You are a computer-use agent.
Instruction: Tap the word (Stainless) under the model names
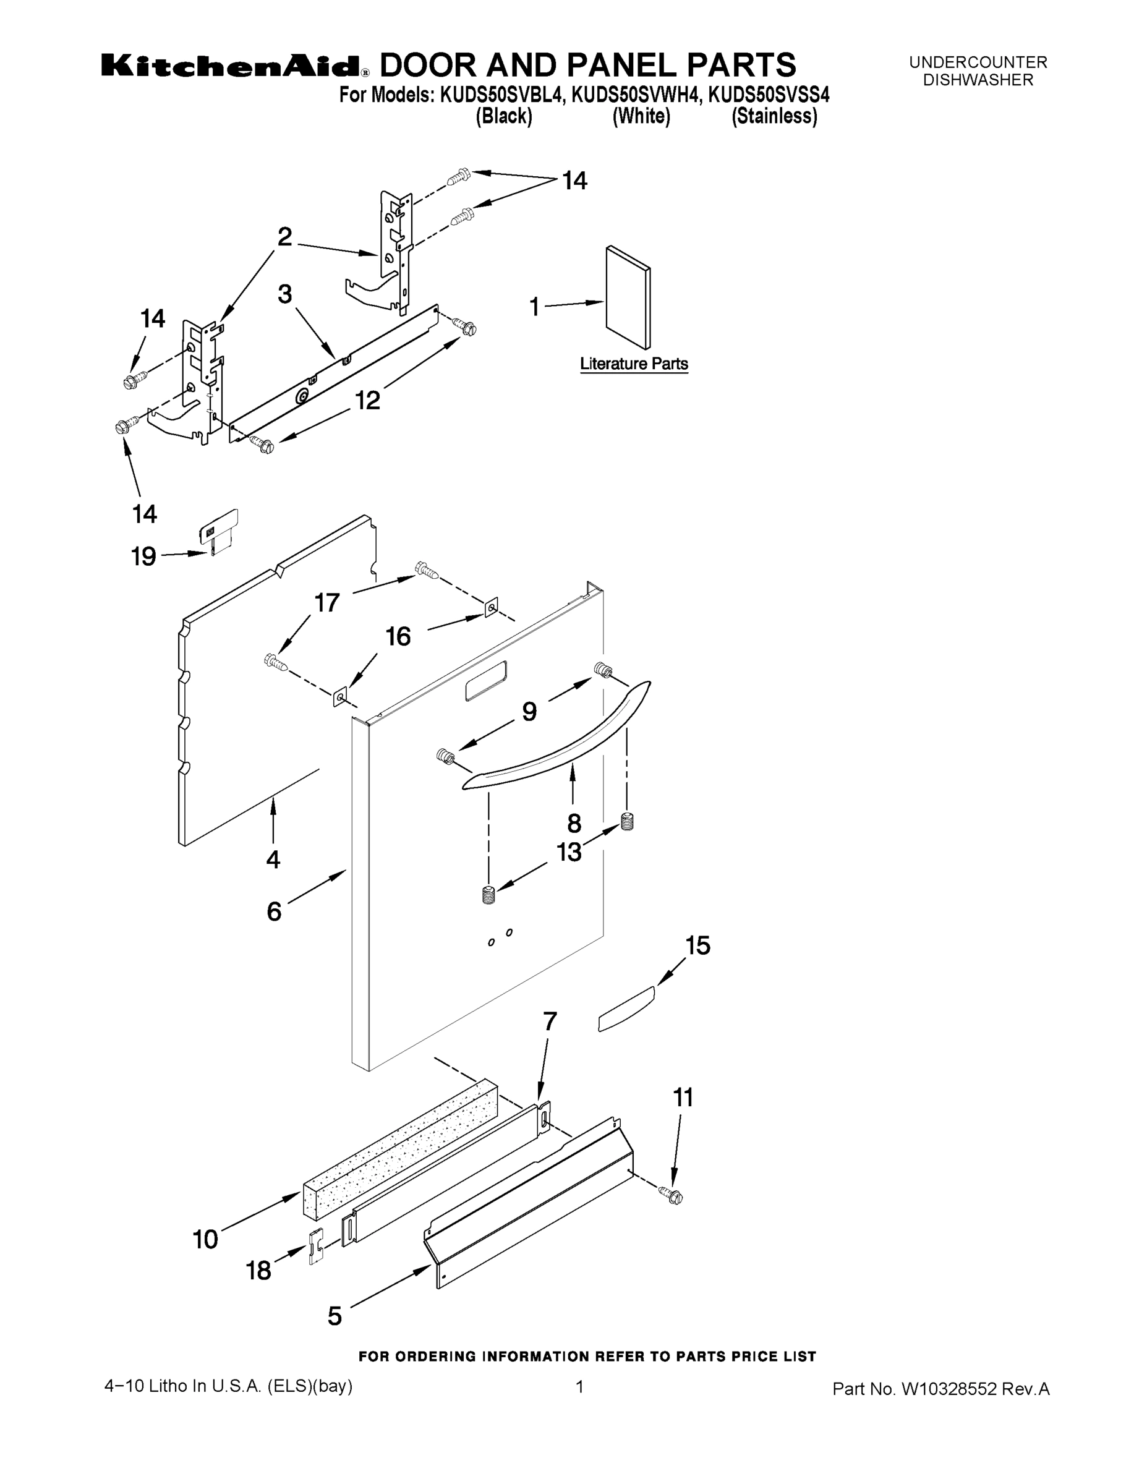click(774, 116)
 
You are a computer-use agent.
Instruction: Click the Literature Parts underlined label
click(633, 364)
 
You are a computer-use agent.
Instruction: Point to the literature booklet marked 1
click(628, 297)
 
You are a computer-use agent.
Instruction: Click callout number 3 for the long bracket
click(284, 294)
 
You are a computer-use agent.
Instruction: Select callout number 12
click(368, 400)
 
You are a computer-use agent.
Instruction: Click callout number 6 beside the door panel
click(274, 911)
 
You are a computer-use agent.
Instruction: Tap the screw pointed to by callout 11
click(672, 1195)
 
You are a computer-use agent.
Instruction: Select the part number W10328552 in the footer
click(948, 1389)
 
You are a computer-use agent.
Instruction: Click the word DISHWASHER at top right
click(977, 80)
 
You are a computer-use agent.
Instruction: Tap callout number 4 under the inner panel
click(273, 859)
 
